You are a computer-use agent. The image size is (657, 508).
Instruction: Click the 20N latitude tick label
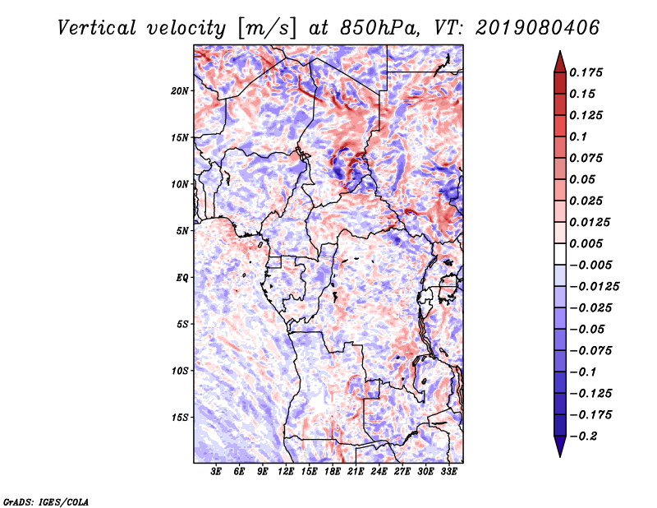coord(180,91)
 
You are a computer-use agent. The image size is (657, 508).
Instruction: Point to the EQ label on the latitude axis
coord(182,278)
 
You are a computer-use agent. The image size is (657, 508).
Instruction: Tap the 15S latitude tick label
coord(180,418)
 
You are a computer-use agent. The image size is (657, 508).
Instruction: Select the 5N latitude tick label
coord(182,231)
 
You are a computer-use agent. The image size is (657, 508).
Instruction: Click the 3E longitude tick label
coord(216,472)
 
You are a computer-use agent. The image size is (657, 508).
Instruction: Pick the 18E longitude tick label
coord(333,472)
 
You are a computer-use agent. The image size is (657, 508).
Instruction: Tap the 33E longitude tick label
coord(448,472)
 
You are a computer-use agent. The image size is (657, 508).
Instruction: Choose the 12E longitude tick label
coord(286,472)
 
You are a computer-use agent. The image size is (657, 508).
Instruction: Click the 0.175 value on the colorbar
coord(586,72)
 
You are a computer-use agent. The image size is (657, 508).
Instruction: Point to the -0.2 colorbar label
coord(584,436)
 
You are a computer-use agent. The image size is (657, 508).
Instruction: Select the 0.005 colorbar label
coord(586,243)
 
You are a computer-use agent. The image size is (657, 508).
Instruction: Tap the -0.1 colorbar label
coord(583,372)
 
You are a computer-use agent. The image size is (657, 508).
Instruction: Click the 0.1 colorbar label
coord(578,136)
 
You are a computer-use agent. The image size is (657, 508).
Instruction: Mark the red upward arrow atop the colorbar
coord(560,62)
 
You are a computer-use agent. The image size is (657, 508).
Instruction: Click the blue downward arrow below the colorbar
coord(560,446)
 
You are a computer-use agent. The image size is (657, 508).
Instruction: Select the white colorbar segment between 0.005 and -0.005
coord(560,254)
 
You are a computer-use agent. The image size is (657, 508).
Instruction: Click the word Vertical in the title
coord(97,28)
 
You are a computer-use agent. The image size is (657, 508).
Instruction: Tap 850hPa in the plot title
coord(379,28)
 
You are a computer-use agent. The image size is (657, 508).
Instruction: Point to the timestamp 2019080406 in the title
coord(538,28)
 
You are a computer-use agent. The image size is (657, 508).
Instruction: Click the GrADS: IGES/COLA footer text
coord(46,501)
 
